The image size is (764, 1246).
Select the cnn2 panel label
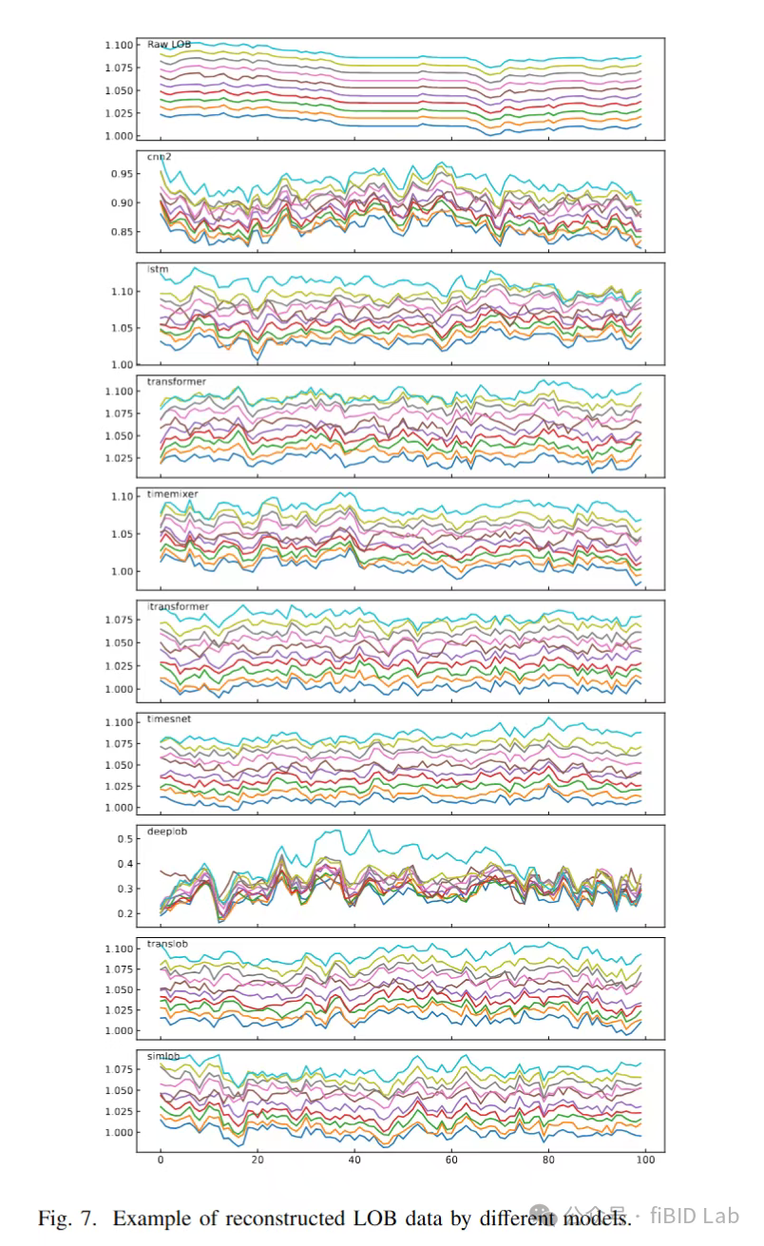coord(158,157)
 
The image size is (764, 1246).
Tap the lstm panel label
coord(157,269)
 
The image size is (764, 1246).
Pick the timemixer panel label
coord(172,493)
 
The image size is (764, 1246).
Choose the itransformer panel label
coord(178,606)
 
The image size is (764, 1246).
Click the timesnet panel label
coord(169,719)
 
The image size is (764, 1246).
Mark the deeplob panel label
coord(167,831)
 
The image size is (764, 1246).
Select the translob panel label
coord(167,943)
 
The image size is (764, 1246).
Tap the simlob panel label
coord(163,1055)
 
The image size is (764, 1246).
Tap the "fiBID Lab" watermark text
coord(700,1216)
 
